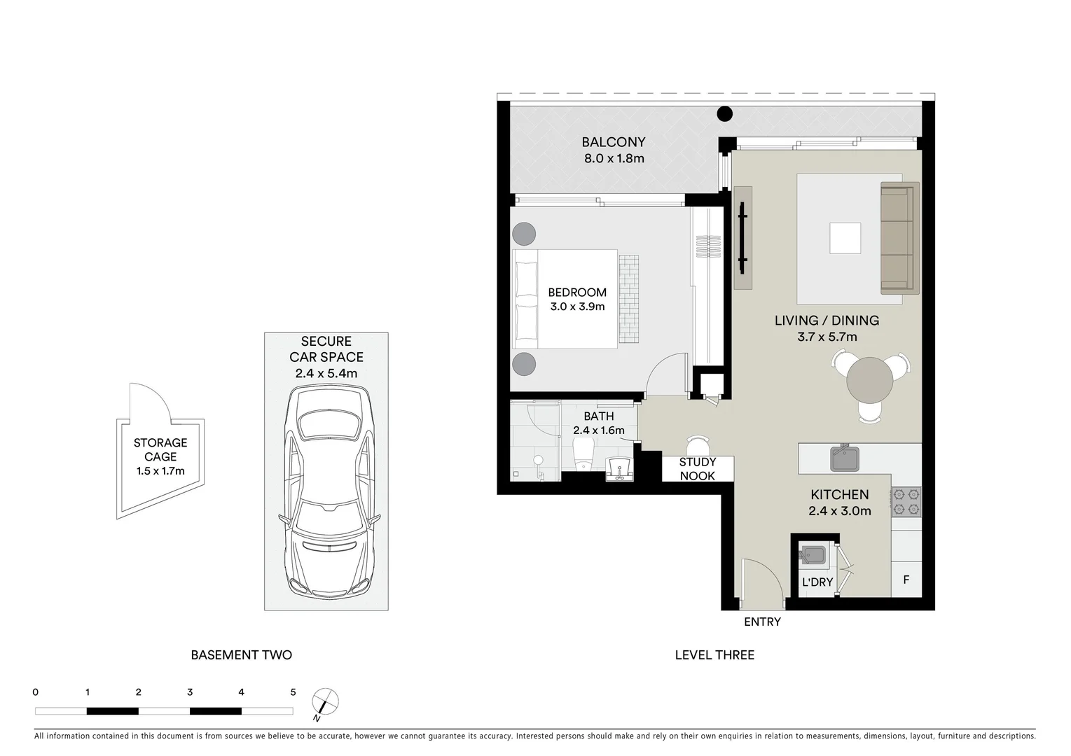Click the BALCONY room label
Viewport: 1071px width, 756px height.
(614, 142)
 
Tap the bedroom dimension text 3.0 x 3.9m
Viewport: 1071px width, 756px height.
(577, 307)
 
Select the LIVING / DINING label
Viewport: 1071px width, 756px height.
(827, 321)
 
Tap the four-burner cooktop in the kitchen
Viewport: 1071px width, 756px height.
(906, 502)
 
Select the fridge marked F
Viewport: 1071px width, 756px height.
(906, 580)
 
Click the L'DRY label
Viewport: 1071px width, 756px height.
(817, 582)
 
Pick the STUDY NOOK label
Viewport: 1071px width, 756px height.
(698, 469)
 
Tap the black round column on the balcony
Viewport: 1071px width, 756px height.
(724, 113)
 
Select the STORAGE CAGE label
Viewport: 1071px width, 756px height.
(160, 449)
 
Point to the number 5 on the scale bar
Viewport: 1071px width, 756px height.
(293, 692)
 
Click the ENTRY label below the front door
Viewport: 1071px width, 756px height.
(762, 622)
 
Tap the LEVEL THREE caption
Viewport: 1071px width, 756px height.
(714, 655)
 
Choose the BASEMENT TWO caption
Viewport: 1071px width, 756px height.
(241, 655)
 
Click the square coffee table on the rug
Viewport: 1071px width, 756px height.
(845, 238)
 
